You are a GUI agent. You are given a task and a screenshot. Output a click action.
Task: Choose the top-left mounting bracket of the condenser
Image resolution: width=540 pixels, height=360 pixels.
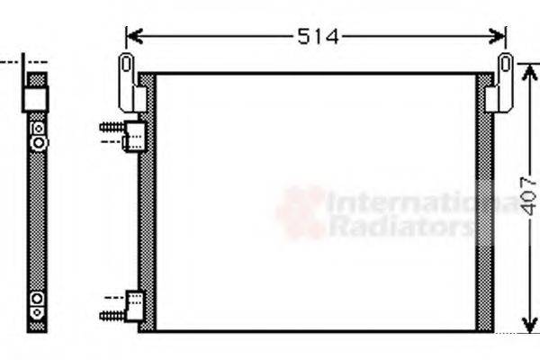(x=128, y=81)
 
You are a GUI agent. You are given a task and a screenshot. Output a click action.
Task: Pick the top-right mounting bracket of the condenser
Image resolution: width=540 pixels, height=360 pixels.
(x=502, y=83)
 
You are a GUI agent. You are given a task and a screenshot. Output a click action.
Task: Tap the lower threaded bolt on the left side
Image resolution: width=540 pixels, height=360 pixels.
(x=111, y=315)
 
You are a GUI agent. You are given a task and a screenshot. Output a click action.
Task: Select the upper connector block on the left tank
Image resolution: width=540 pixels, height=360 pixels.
(x=135, y=136)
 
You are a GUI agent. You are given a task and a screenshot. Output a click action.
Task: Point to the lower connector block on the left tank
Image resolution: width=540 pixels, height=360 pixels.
(x=135, y=303)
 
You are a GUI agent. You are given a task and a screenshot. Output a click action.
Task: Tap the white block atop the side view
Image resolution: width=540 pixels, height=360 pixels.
(x=36, y=98)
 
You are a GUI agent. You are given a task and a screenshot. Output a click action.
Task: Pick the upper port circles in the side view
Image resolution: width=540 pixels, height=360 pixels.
(x=37, y=136)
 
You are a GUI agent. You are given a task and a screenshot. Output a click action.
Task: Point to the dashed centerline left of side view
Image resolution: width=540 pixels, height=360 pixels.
(x=9, y=62)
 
